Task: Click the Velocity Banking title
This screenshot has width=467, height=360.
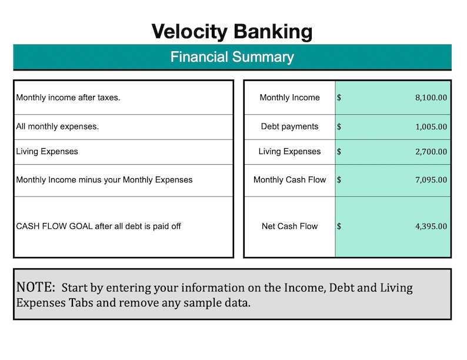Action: pyautogui.click(x=232, y=31)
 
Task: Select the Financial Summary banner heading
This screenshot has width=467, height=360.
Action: pyautogui.click(x=232, y=57)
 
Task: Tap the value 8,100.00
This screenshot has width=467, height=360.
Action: pyautogui.click(x=431, y=98)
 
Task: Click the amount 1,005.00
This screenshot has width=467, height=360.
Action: pyautogui.click(x=431, y=126)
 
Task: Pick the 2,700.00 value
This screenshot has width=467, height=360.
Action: pyautogui.click(x=431, y=152)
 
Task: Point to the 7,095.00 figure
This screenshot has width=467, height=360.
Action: pyautogui.click(x=431, y=180)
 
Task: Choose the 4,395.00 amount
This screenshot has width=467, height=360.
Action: pyautogui.click(x=431, y=226)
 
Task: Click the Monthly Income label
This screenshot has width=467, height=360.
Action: pyautogui.click(x=289, y=98)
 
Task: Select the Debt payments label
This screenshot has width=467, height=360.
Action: pyautogui.click(x=289, y=126)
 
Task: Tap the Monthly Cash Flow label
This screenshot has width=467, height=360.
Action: pyautogui.click(x=289, y=180)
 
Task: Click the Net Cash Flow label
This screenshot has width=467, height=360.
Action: pyautogui.click(x=289, y=226)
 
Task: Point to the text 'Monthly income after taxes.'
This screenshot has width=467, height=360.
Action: pyautogui.click(x=68, y=98)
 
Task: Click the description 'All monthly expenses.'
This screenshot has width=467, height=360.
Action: pyautogui.click(x=57, y=126)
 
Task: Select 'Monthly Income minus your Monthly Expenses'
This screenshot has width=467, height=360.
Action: pyautogui.click(x=104, y=180)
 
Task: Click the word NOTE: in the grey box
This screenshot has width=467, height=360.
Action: pyautogui.click(x=36, y=288)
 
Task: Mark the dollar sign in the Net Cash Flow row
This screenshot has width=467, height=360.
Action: pyautogui.click(x=339, y=226)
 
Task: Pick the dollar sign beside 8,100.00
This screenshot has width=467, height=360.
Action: pyautogui.click(x=339, y=98)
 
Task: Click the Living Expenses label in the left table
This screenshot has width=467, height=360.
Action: pyautogui.click(x=47, y=152)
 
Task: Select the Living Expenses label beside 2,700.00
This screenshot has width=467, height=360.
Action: pyautogui.click(x=289, y=152)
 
